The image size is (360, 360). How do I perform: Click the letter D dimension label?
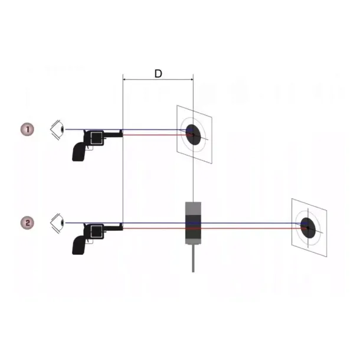(x=158, y=74)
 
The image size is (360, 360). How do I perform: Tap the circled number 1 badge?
(x=27, y=129)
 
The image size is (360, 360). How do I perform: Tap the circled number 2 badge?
(x=27, y=222)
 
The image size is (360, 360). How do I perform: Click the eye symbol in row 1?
(x=57, y=130)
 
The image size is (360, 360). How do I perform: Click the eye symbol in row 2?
(x=57, y=223)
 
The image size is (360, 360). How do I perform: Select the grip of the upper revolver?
(x=78, y=152)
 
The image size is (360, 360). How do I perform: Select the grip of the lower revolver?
(x=78, y=245)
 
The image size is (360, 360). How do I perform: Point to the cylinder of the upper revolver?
(x=96, y=138)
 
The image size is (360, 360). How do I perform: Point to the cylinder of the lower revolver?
(x=96, y=231)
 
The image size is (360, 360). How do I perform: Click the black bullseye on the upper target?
(x=193, y=135)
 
